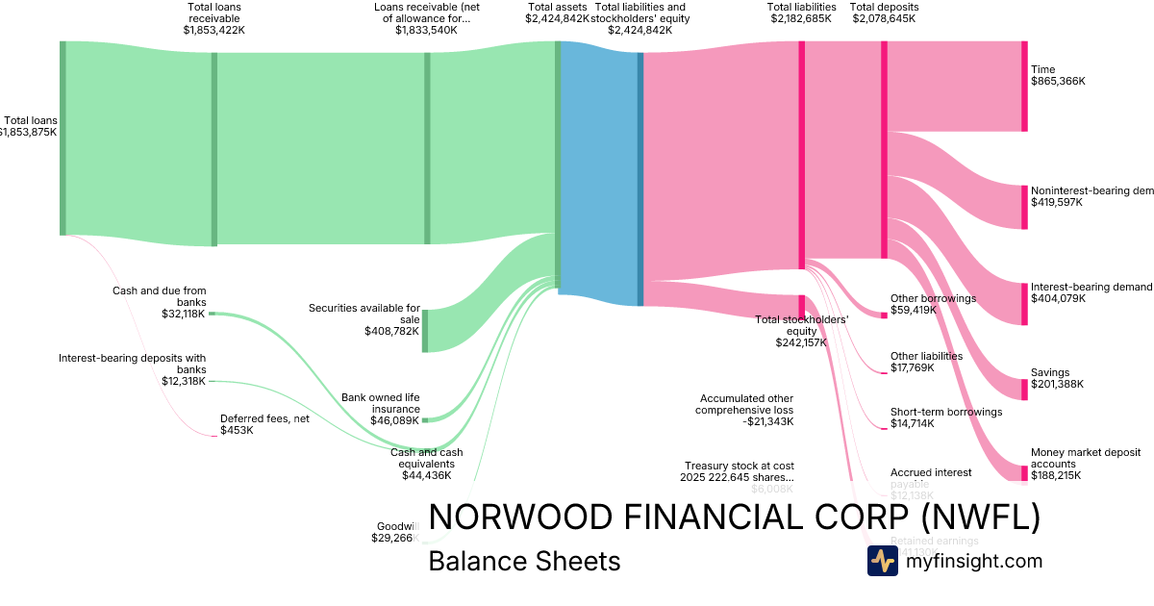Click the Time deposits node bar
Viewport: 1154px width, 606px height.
click(1024, 86)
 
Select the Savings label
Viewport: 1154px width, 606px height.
click(1050, 372)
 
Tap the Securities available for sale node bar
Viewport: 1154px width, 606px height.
click(425, 331)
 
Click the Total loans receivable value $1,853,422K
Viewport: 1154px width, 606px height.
click(214, 30)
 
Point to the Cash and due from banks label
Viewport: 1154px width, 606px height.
click(160, 295)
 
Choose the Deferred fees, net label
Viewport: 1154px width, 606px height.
click(264, 418)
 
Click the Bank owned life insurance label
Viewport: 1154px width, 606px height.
click(381, 402)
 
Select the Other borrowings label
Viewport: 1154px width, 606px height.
click(933, 298)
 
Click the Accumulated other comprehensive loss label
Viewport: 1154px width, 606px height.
click(746, 403)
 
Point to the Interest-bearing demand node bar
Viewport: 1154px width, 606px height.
click(1024, 303)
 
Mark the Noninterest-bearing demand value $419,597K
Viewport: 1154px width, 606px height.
click(1057, 203)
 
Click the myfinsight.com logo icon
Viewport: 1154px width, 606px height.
click(882, 561)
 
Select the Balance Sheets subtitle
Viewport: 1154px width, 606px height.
click(524, 561)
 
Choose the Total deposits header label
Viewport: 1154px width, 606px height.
click(884, 7)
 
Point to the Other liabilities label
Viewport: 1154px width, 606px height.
click(926, 356)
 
